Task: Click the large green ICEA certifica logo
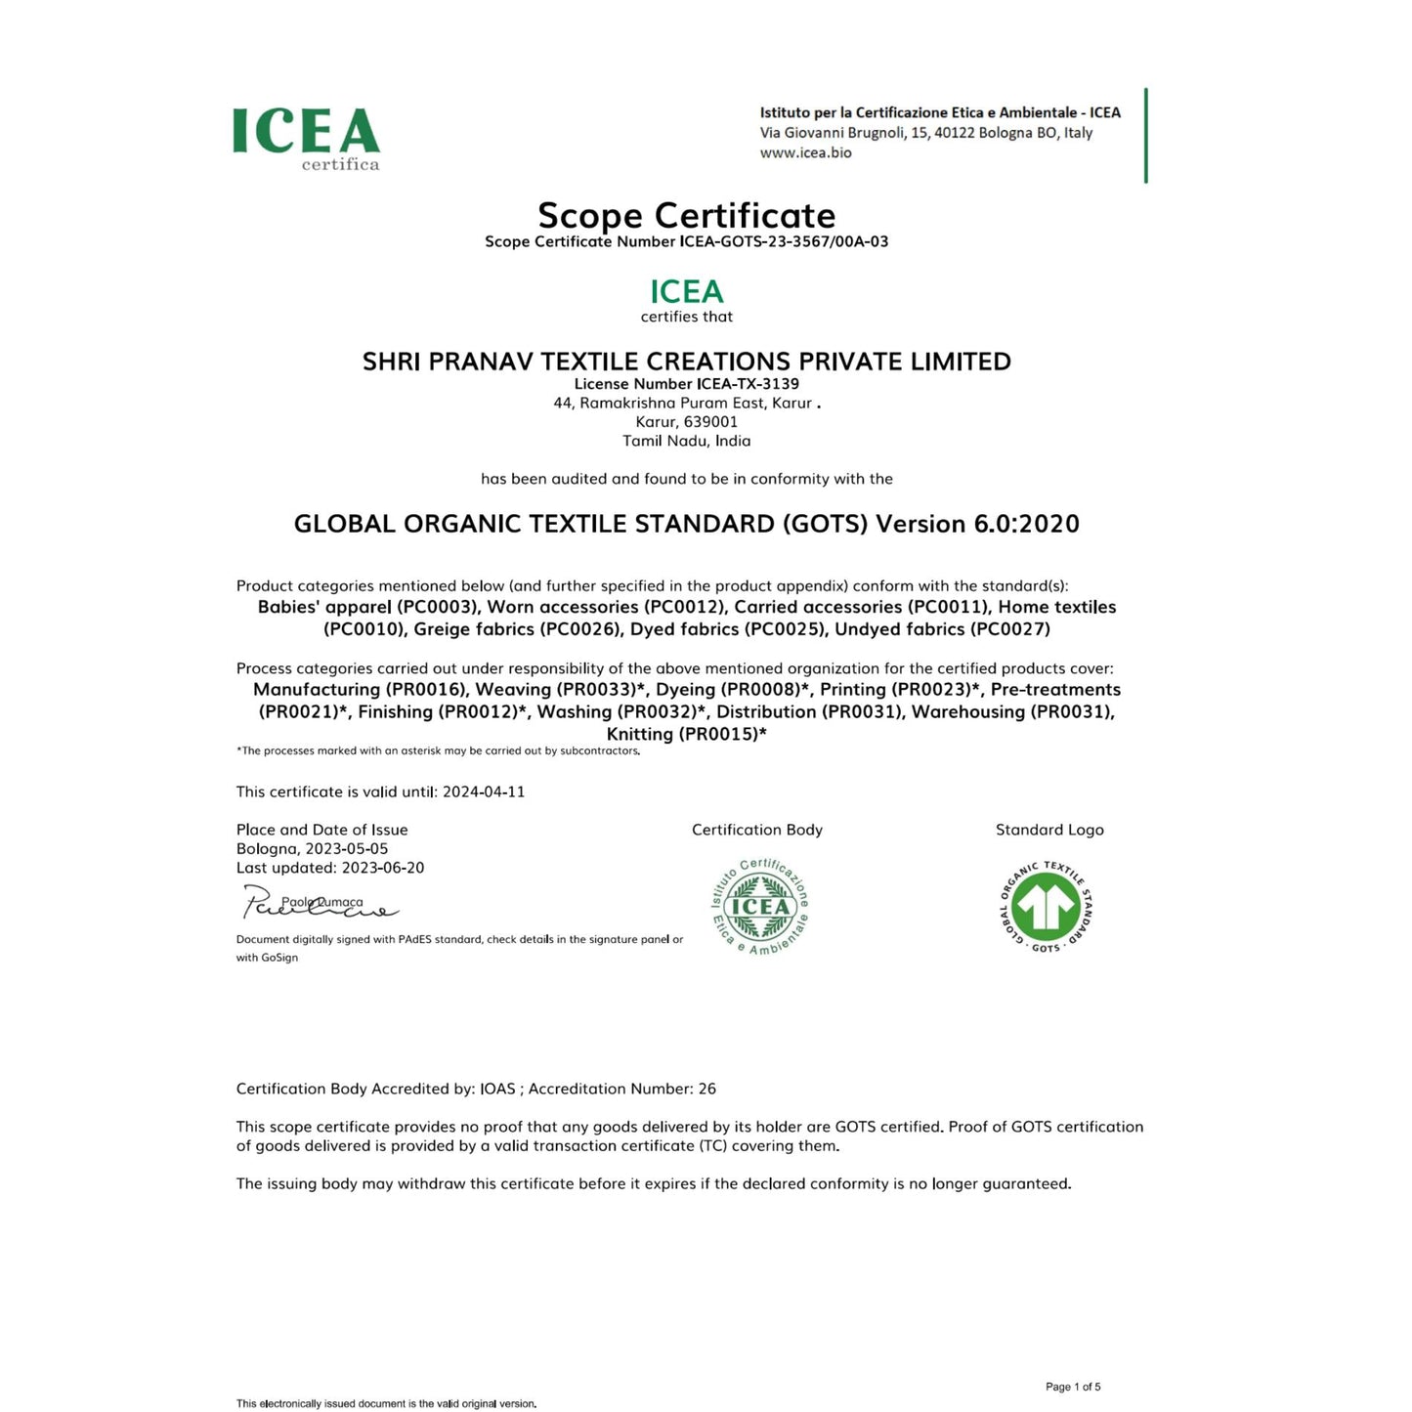click(306, 138)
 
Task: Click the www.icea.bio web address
click(805, 153)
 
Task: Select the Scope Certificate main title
click(686, 215)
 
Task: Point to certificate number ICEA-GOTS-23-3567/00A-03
click(784, 241)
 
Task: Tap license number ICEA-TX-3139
click(748, 384)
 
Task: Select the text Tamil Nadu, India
click(686, 441)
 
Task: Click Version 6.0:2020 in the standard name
click(977, 524)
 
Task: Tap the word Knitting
click(639, 735)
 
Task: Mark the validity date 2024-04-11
click(484, 792)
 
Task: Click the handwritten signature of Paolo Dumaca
click(318, 904)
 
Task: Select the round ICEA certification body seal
click(760, 906)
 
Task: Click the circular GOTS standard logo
click(1047, 907)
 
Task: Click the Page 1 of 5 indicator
click(1072, 1387)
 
